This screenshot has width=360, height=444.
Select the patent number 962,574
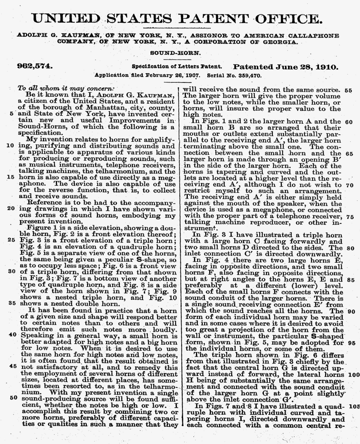click(x=35, y=66)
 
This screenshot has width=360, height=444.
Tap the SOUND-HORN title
click(x=175, y=53)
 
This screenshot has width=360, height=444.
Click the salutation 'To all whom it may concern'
click(x=66, y=88)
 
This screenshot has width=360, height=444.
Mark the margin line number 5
click(x=12, y=114)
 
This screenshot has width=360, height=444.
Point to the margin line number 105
click(x=354, y=406)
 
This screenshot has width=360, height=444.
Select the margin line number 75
click(x=350, y=217)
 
